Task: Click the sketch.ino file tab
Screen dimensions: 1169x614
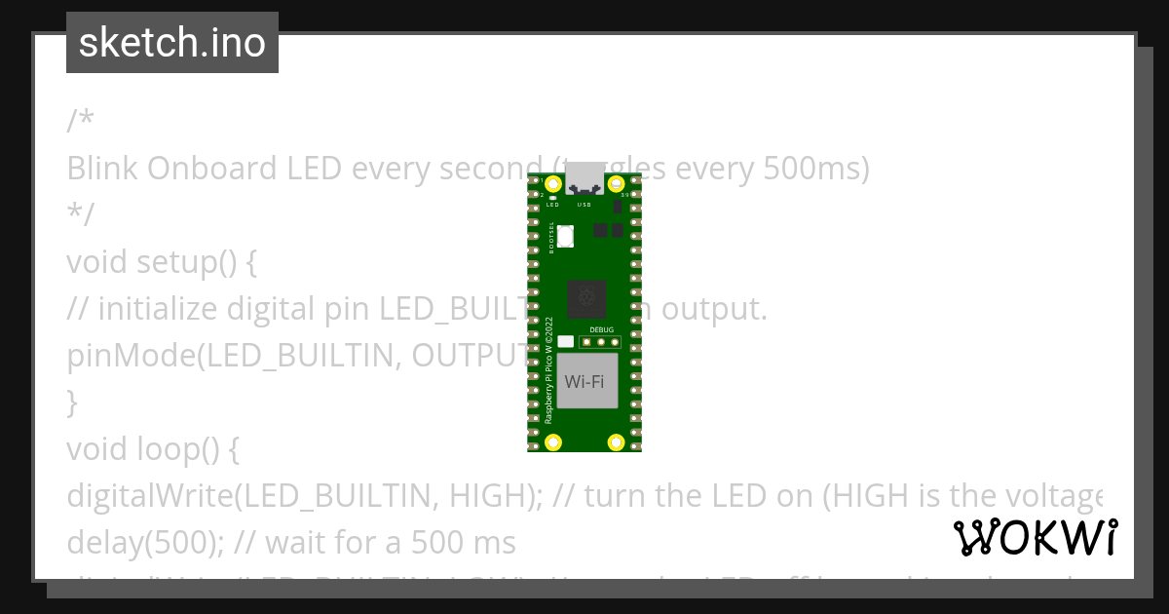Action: pos(172,43)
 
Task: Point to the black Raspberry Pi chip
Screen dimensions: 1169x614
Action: pos(586,298)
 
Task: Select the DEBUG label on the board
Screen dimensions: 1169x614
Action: pos(602,330)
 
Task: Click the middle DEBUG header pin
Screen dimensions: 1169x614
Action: pos(601,342)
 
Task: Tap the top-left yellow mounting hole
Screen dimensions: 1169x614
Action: pos(553,183)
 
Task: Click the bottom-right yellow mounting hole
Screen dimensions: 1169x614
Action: pos(616,442)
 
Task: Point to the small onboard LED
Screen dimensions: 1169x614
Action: pos(552,198)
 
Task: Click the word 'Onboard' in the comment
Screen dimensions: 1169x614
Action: pos(211,169)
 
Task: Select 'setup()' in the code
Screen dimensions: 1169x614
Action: pos(186,262)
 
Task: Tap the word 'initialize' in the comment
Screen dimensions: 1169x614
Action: pos(158,309)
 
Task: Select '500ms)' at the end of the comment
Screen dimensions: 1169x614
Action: pos(812,169)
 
